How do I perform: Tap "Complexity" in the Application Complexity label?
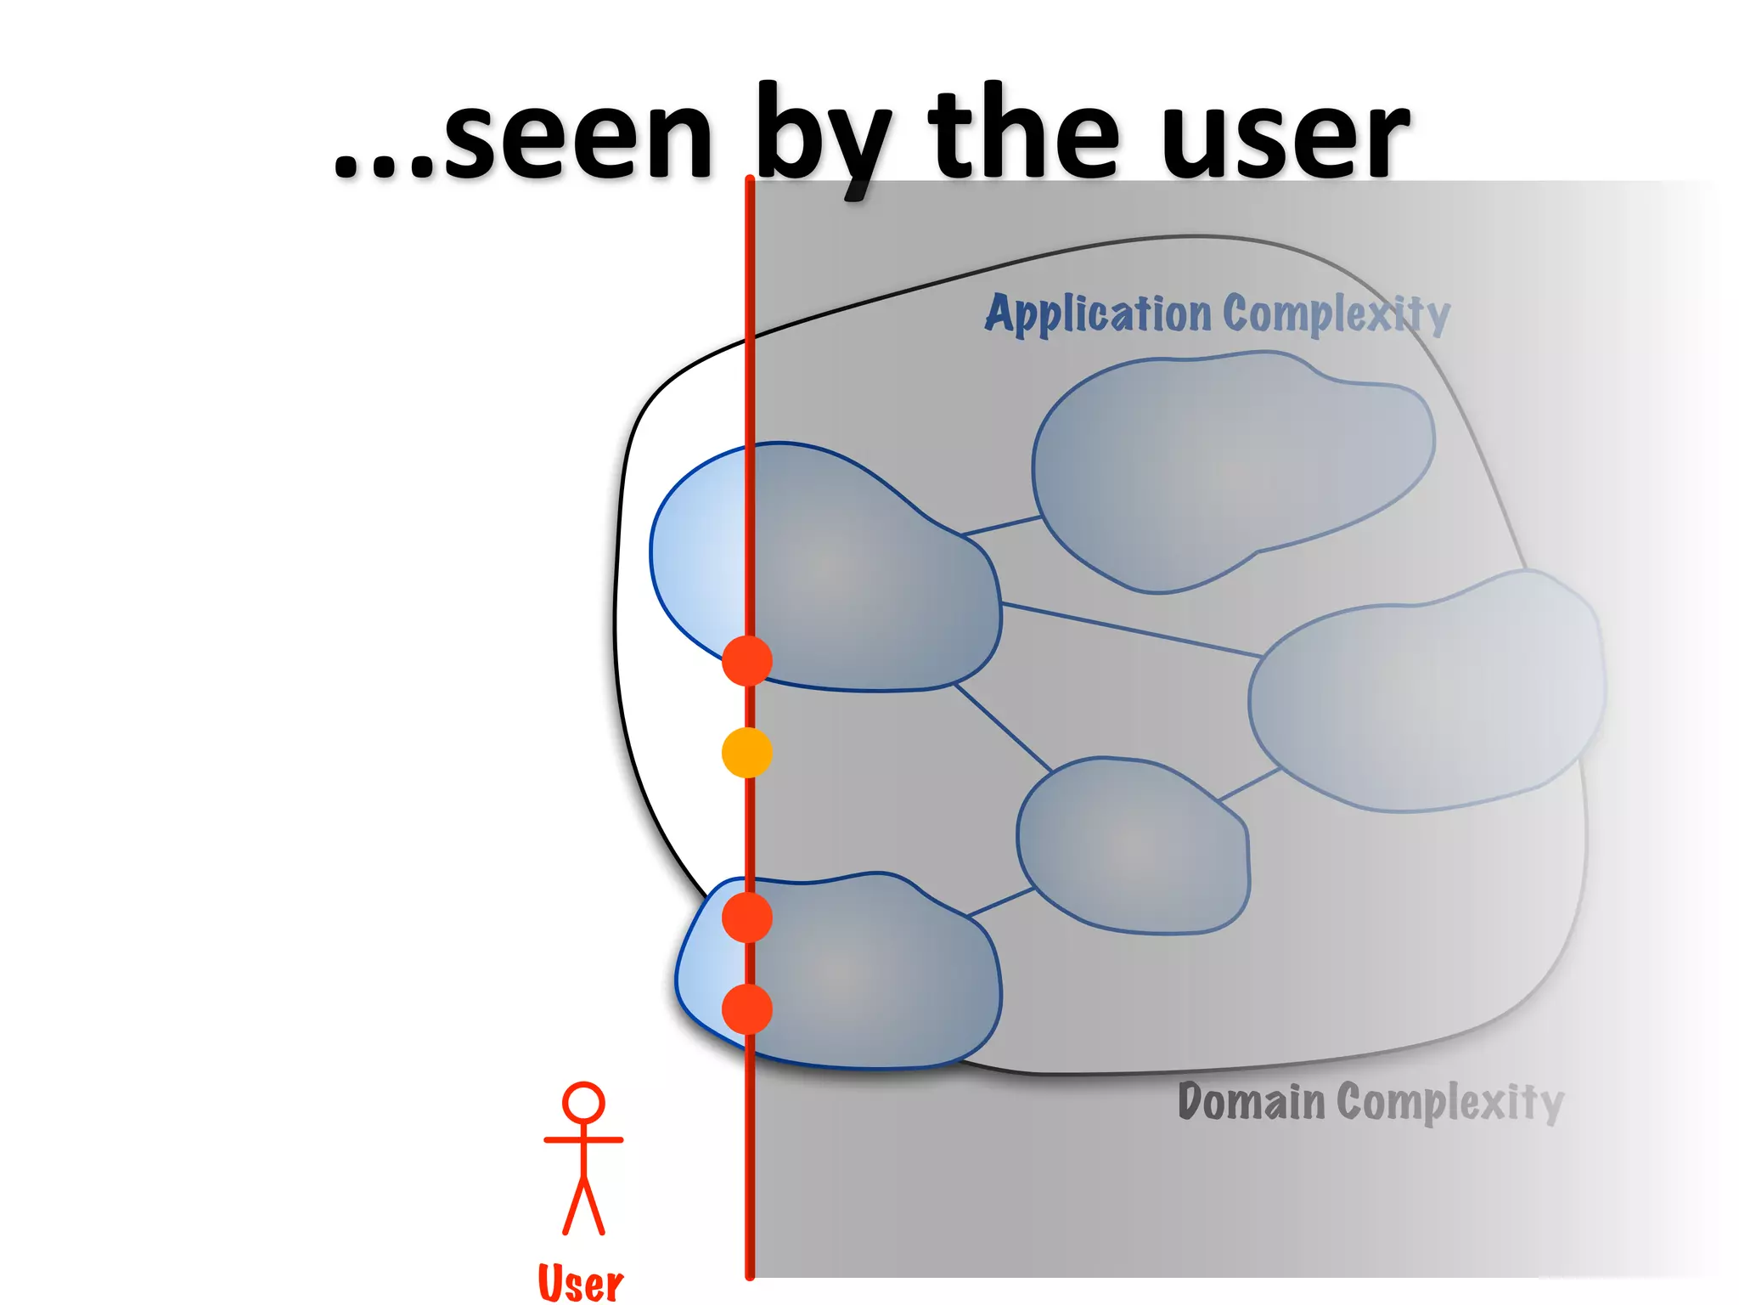(x=1337, y=314)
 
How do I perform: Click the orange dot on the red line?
(x=746, y=753)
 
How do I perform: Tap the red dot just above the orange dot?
(x=746, y=660)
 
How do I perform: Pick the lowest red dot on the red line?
(x=746, y=1009)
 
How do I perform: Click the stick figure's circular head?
(x=583, y=1104)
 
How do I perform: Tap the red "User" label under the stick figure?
(x=581, y=1283)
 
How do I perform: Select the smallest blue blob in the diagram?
(x=1134, y=845)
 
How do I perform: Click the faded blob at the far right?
(x=1427, y=692)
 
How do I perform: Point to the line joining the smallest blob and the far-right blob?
(x=1248, y=785)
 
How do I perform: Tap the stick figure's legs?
(x=583, y=1206)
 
